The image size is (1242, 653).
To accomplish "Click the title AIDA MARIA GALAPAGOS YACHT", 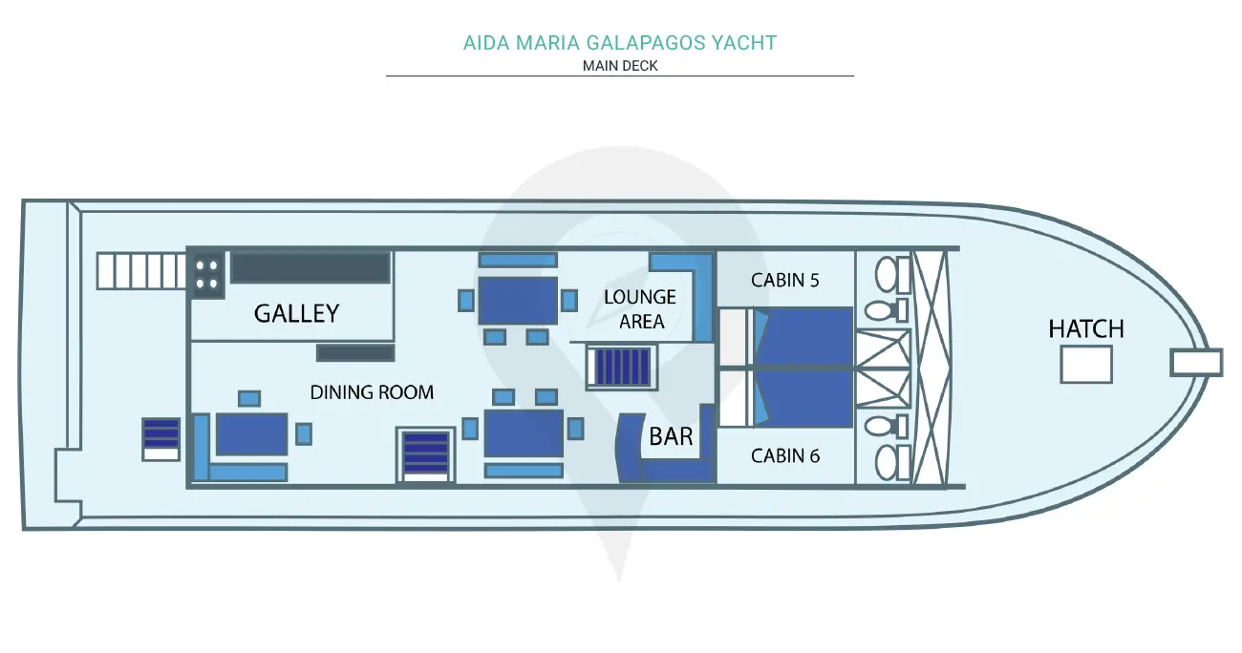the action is point(620,43).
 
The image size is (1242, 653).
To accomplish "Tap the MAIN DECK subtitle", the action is point(620,66).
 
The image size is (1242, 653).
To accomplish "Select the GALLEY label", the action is point(296,313).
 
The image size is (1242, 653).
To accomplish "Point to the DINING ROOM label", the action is point(372,392).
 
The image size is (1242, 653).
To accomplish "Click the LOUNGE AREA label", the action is point(640,309).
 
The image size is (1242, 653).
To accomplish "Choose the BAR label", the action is point(671,436).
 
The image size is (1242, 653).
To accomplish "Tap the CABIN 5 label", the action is point(784,281).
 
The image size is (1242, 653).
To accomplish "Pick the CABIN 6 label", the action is point(785,455).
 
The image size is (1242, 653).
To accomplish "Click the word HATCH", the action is point(1086,329).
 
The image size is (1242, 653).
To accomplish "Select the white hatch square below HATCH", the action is point(1086,365).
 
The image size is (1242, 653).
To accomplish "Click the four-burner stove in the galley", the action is point(206,275).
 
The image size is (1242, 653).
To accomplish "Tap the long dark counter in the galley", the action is point(310,268).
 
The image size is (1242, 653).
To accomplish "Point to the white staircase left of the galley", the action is point(140,271).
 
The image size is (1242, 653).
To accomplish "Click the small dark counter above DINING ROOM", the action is point(355,353).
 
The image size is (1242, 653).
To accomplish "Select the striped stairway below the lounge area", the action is point(622,366).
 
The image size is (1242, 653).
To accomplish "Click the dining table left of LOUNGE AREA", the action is point(518,301).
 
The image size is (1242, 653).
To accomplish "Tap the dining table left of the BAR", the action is point(524,433).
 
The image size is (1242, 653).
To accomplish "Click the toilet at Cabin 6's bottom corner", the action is point(892,462).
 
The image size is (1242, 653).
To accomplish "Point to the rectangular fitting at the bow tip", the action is point(1196,363).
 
